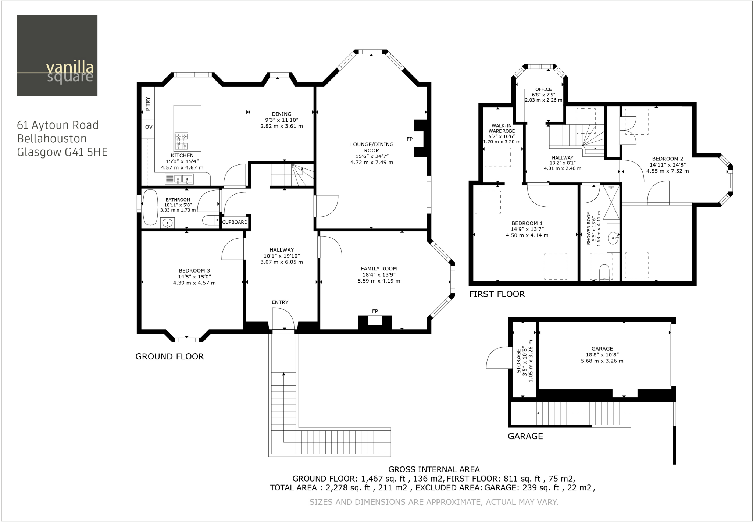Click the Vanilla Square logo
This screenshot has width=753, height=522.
[x=57, y=56]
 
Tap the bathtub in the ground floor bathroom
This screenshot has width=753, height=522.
[x=150, y=207]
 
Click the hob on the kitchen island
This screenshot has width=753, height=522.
[x=181, y=141]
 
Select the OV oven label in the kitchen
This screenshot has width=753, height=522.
[x=149, y=127]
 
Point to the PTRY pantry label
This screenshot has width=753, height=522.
[x=148, y=104]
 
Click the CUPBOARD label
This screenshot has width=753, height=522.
[x=235, y=222]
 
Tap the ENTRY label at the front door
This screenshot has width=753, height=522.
[x=280, y=302]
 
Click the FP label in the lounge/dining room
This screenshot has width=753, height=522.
[x=410, y=139]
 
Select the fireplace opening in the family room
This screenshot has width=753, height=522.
[x=375, y=320]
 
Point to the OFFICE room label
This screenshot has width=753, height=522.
[x=543, y=89]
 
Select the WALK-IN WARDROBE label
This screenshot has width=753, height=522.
[x=502, y=128]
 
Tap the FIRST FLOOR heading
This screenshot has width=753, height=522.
[x=497, y=294]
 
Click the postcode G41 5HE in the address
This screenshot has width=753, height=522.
[x=86, y=152]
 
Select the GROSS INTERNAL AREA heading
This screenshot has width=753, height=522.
[x=434, y=469]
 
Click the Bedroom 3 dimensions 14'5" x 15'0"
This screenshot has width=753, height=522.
[x=195, y=277]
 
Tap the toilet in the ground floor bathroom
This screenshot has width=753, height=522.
[x=209, y=220]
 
